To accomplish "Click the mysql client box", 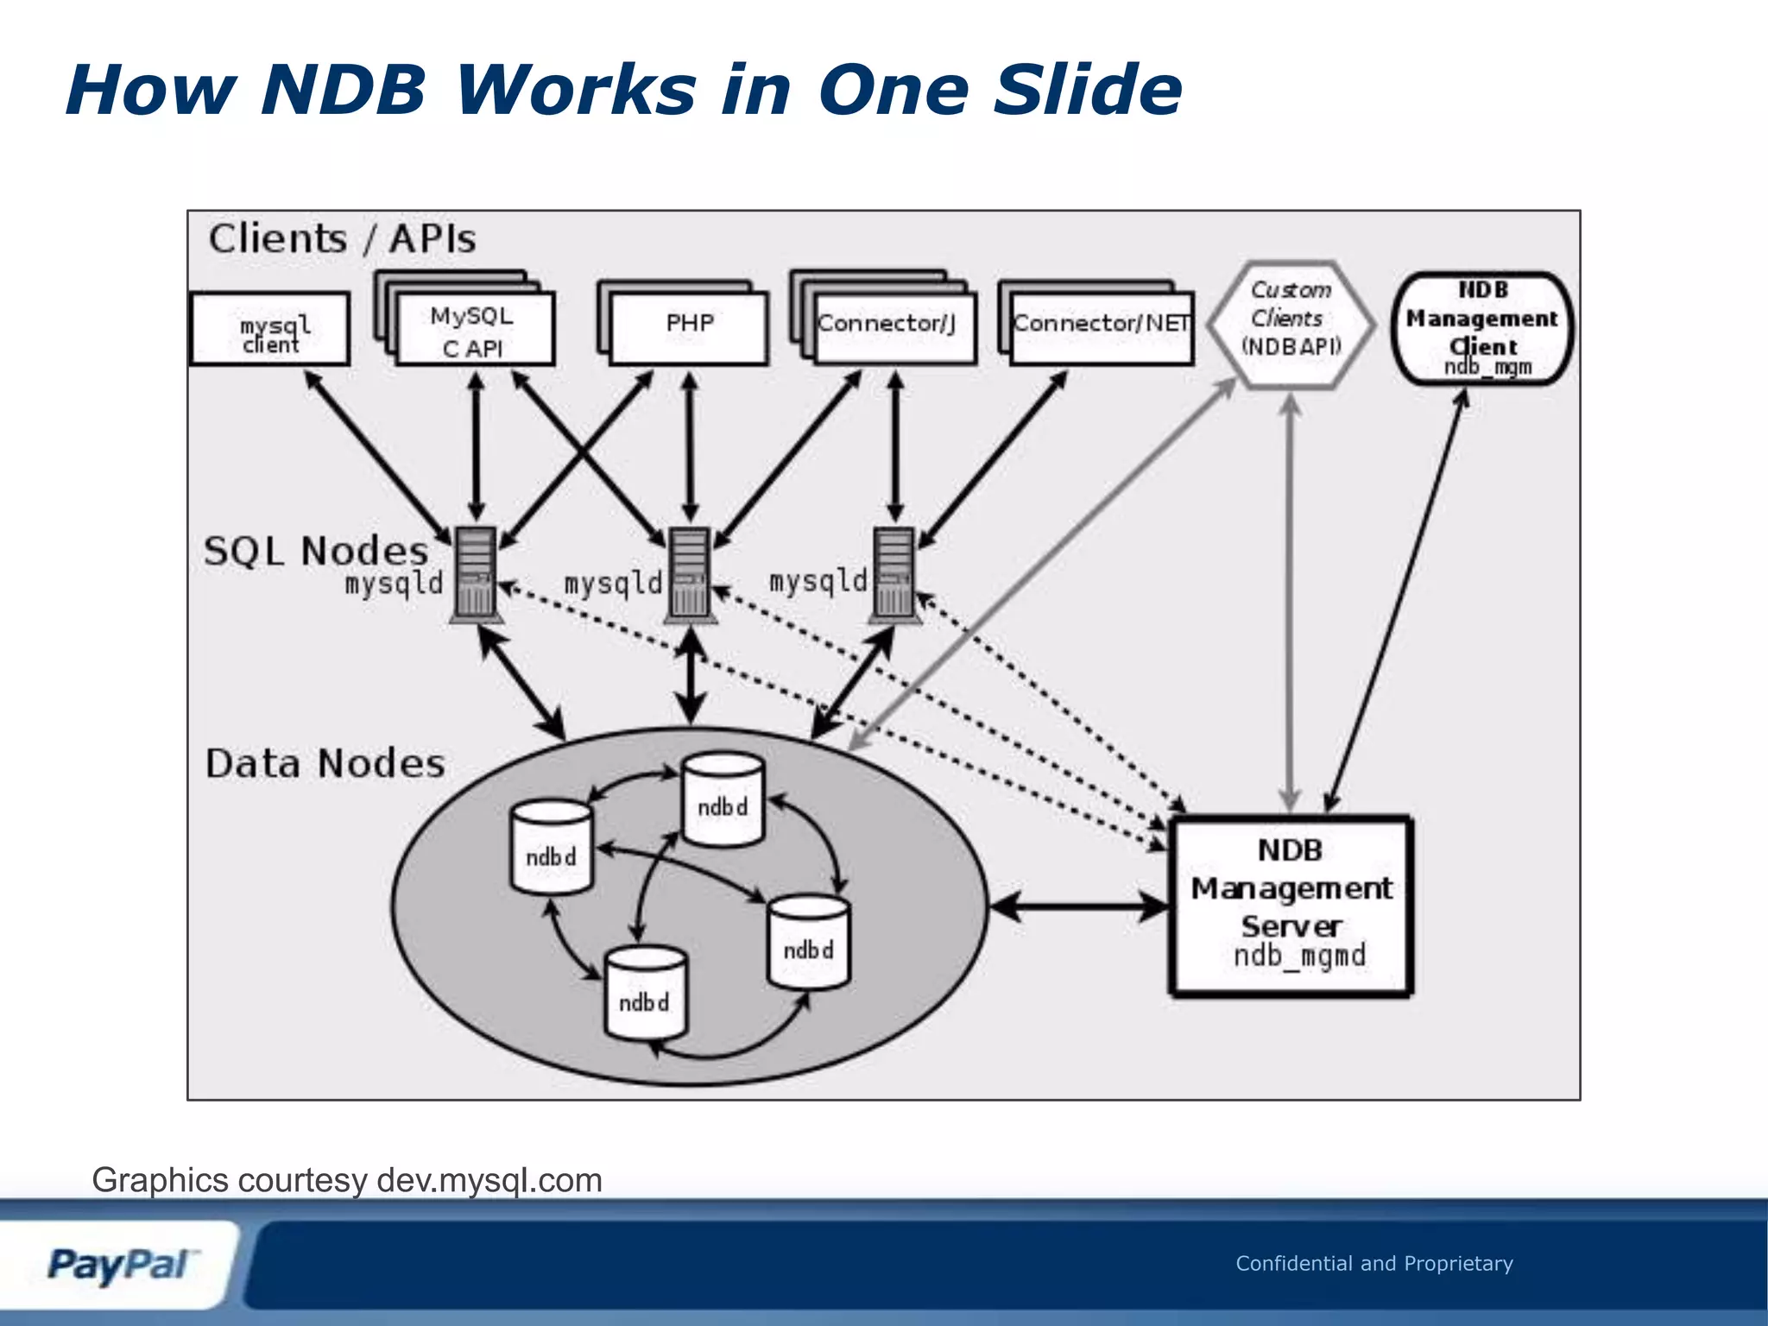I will click(x=270, y=329).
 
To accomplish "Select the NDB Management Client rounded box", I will click(x=1482, y=328).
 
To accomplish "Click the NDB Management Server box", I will click(x=1291, y=906).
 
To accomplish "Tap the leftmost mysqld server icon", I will click(x=476, y=573).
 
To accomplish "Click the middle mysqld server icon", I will click(x=690, y=573).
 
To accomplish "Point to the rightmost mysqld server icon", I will click(x=893, y=573).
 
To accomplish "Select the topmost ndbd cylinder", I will click(x=723, y=799).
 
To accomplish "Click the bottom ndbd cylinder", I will click(x=646, y=994).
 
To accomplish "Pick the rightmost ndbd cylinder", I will click(x=809, y=943).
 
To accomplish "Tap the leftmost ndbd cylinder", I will click(x=552, y=849).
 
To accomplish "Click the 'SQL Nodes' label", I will click(x=316, y=551).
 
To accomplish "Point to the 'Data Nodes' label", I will click(x=325, y=764).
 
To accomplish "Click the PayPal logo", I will click(x=121, y=1265).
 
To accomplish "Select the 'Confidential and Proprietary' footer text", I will click(x=1373, y=1263).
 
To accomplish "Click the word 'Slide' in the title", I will click(x=1087, y=90).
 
